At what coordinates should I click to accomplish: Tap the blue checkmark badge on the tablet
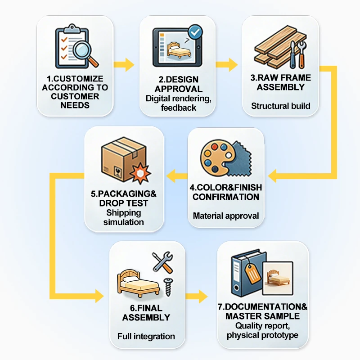195,32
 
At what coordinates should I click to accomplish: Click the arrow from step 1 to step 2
124,65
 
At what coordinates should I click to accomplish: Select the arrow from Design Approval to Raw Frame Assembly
227,65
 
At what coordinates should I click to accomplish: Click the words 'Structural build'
280,106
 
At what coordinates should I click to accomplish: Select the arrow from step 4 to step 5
177,176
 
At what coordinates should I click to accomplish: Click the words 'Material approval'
226,216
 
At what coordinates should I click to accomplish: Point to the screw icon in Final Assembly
168,287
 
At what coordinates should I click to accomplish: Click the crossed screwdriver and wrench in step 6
163,263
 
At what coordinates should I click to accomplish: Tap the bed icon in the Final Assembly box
138,283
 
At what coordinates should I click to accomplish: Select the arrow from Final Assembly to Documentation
197,296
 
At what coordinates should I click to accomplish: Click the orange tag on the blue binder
252,273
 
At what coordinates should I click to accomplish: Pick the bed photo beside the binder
278,278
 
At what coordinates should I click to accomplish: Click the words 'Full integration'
146,336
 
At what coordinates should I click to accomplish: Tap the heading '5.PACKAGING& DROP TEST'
123,198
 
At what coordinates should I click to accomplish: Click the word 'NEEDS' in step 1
75,105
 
